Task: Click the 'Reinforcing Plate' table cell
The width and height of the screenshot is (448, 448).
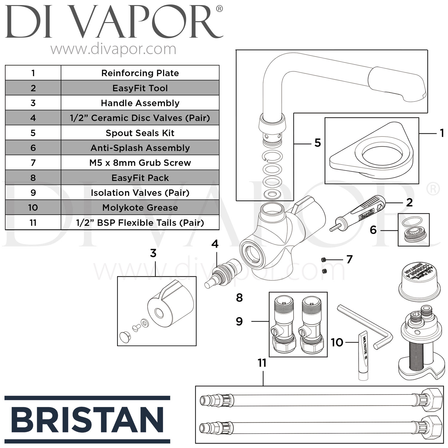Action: pos(140,73)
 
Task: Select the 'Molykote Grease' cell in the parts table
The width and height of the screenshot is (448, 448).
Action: pos(140,208)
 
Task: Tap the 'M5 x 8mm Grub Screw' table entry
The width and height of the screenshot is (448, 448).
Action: pos(140,163)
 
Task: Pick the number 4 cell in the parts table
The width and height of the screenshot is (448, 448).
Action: pos(33,118)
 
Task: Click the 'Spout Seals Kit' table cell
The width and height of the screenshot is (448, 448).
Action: pos(140,133)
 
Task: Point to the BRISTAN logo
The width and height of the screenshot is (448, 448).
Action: pos(87,420)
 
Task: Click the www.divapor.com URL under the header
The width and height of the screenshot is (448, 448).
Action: pos(113,49)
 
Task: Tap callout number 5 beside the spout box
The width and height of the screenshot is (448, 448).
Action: pos(317,143)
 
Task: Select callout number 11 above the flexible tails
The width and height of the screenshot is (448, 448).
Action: pos(262,363)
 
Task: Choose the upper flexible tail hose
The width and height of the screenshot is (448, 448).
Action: pos(320,399)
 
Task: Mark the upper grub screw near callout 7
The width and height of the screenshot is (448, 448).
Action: pos(323,260)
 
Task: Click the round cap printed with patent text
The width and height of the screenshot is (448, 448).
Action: pos(420,279)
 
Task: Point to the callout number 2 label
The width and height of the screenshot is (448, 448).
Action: pos(409,203)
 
